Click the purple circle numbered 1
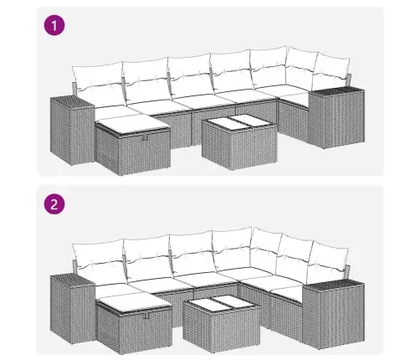[54, 26]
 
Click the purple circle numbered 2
[54, 204]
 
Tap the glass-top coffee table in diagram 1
[239, 141]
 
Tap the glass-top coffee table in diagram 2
[222, 324]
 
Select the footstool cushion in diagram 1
[133, 124]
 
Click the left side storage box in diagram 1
[73, 131]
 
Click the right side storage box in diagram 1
[336, 118]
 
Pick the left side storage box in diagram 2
[73, 309]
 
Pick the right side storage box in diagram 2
[334, 314]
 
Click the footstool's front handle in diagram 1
[146, 136]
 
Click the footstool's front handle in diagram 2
[146, 315]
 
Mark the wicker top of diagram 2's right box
[334, 285]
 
